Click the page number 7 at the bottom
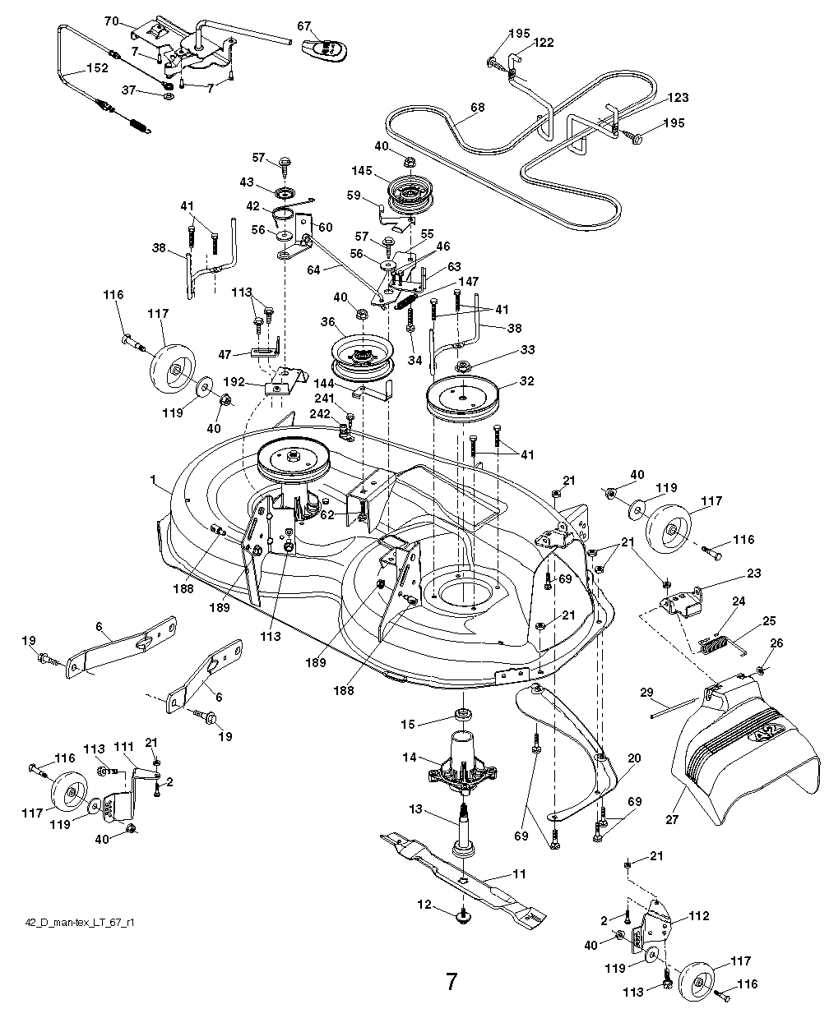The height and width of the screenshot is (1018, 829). (452, 982)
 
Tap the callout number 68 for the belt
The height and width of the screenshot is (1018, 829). (477, 108)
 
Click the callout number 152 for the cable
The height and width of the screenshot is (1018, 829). (97, 69)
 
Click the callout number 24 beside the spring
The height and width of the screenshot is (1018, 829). (738, 601)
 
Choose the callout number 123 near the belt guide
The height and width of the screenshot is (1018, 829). (678, 98)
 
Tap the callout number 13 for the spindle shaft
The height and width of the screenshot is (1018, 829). (415, 809)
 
